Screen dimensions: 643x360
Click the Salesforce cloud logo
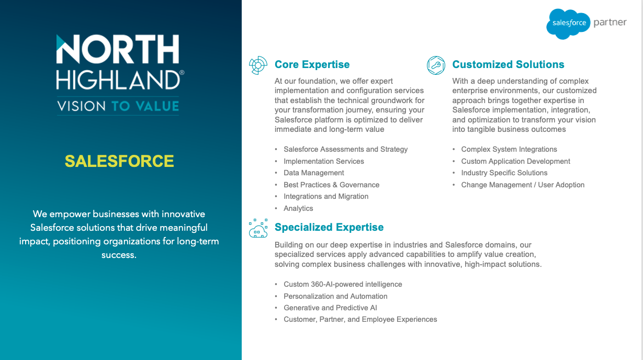[568, 24]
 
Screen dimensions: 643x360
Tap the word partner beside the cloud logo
[610, 22]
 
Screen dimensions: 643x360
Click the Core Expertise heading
[312, 64]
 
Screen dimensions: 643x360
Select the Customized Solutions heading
[508, 64]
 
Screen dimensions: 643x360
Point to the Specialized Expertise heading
[329, 227]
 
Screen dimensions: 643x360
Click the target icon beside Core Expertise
[258, 65]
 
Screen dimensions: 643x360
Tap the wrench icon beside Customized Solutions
[436, 65]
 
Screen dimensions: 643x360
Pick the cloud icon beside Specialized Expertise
[258, 228]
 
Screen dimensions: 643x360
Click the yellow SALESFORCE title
[119, 161]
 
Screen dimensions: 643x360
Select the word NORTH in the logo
[118, 49]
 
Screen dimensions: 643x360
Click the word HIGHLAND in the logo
[118, 80]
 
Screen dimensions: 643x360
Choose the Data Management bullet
[314, 173]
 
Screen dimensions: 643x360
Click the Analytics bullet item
[298, 208]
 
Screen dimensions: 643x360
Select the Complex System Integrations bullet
[509, 149]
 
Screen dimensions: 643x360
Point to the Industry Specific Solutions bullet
[504, 173]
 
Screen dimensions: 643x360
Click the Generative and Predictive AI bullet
[330, 308]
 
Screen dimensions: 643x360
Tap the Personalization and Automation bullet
[335, 296]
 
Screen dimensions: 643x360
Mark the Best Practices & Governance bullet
[332, 185]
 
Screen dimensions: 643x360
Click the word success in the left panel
[119, 255]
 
